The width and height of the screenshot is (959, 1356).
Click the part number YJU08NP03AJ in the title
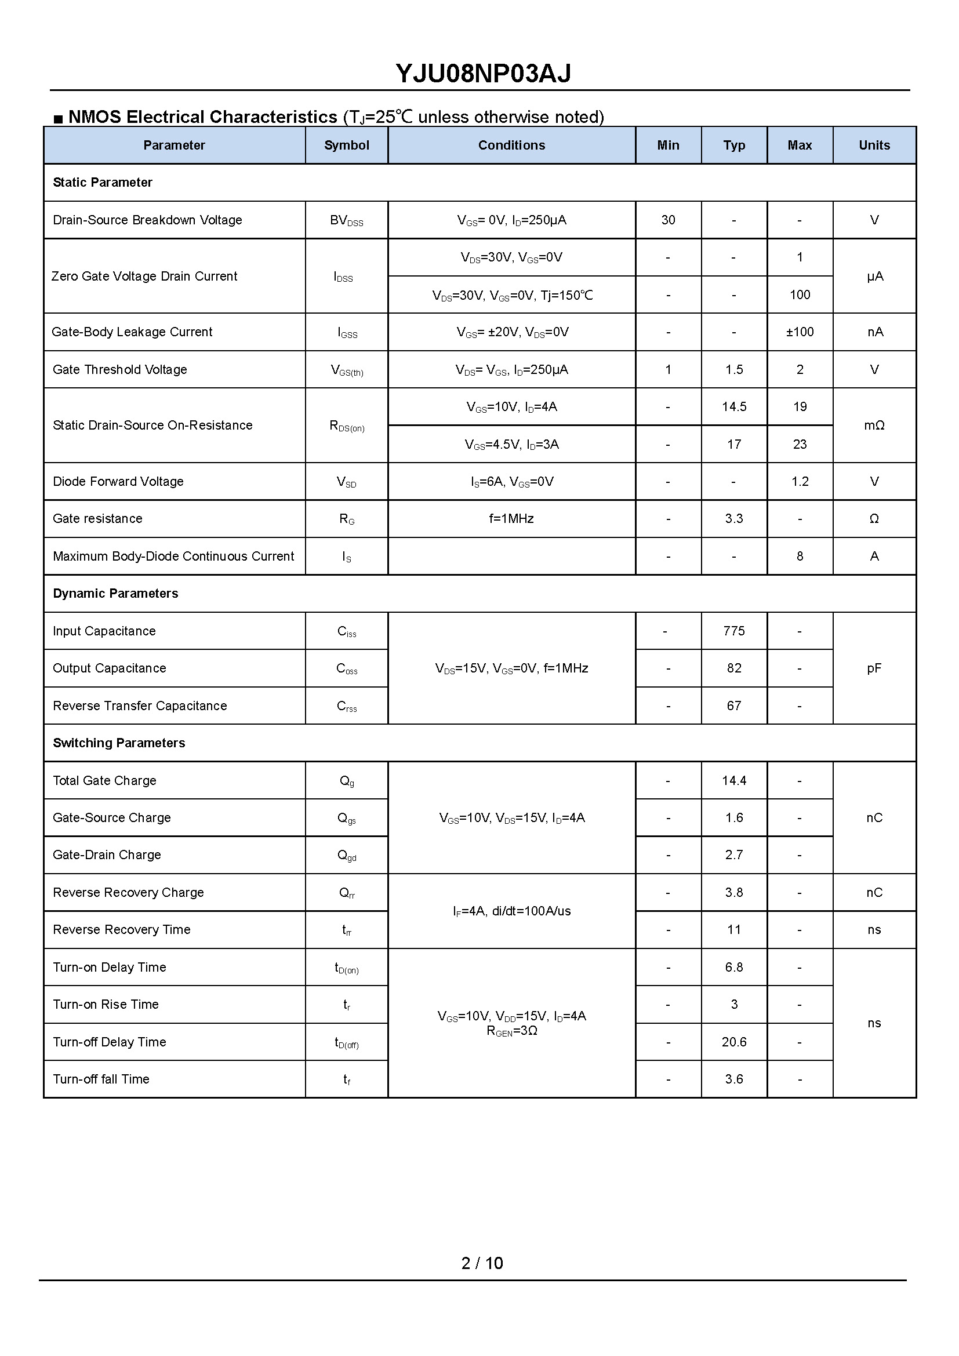482,74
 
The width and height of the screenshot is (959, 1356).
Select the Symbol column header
346,146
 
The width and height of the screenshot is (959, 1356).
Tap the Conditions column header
511,146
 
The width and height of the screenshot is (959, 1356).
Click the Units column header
874,146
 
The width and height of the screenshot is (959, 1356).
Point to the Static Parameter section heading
102,183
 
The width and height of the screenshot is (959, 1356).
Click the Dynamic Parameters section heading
115,594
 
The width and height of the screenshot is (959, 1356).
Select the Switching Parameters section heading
119,743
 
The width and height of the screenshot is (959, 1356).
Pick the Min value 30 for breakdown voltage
668,220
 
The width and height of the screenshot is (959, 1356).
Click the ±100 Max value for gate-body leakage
800,332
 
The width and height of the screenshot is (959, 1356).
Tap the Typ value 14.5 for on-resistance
734,406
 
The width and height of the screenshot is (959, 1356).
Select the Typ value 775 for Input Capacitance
734,631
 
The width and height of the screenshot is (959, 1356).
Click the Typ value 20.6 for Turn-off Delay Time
734,1042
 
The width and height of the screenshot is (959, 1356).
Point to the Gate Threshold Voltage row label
120,370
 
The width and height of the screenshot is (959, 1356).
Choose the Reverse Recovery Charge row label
128,892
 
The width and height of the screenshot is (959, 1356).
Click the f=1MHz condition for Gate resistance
511,518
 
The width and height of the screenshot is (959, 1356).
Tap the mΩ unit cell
874,425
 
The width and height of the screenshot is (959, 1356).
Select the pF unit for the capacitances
874,668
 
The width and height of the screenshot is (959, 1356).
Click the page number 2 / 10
482,1263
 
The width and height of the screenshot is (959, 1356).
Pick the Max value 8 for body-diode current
800,557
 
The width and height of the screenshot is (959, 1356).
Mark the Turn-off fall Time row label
101,1079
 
